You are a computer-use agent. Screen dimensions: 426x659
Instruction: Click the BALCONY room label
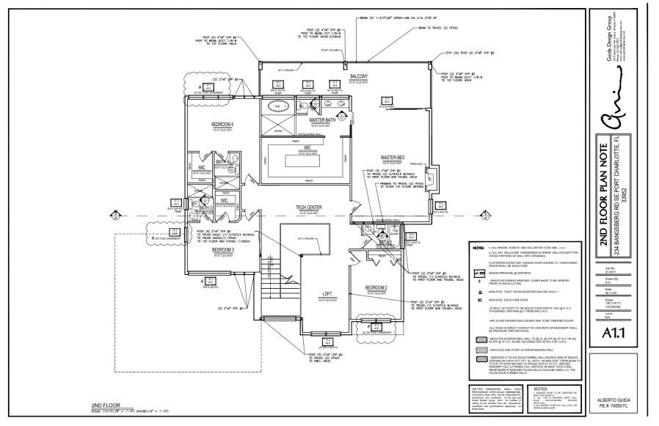358,77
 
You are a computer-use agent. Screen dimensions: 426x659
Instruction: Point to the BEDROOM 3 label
223,250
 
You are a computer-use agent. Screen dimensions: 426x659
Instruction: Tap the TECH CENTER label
309,208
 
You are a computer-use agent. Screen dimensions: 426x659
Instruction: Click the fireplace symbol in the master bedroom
432,177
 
